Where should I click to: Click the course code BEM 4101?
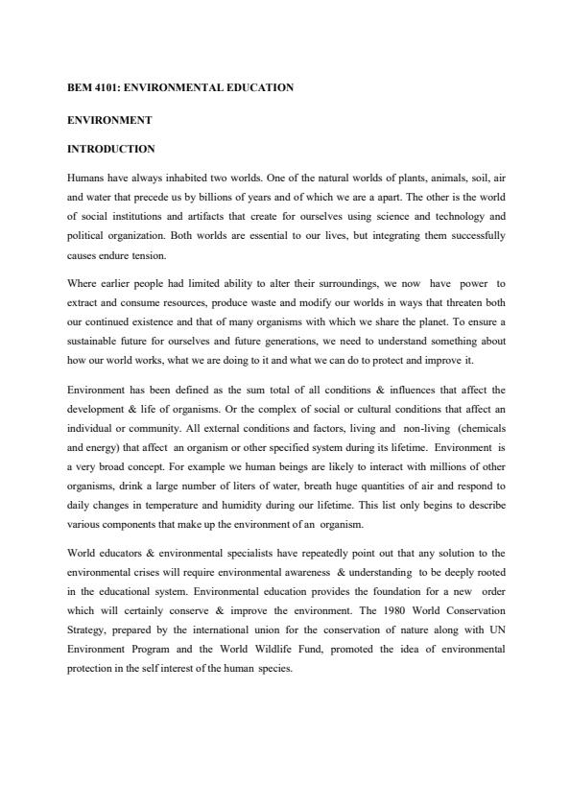[x=93, y=88]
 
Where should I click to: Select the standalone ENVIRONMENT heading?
[x=110, y=120]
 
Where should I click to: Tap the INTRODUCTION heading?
[x=110, y=150]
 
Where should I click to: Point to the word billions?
[x=215, y=197]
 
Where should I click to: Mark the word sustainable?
[x=97, y=341]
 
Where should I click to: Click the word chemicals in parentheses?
[x=483, y=427]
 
